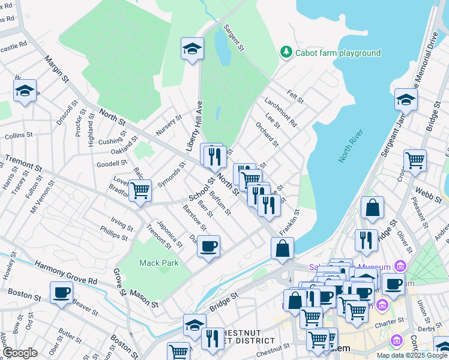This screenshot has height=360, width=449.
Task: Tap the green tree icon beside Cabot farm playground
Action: pyautogui.click(x=286, y=52)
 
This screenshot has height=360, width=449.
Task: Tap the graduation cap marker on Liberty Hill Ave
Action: pyautogui.click(x=192, y=49)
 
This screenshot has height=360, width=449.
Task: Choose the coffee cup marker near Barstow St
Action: pyautogui.click(x=208, y=247)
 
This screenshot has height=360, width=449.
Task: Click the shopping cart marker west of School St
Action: pyautogui.click(x=139, y=190)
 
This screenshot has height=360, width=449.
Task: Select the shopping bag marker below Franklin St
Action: pyautogui.click(x=282, y=248)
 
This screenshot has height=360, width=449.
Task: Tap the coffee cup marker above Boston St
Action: pyautogui.click(x=61, y=293)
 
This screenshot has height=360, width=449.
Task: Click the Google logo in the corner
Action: pyautogui.click(x=20, y=353)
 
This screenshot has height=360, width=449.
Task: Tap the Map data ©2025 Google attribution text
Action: pyautogui.click(x=412, y=355)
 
